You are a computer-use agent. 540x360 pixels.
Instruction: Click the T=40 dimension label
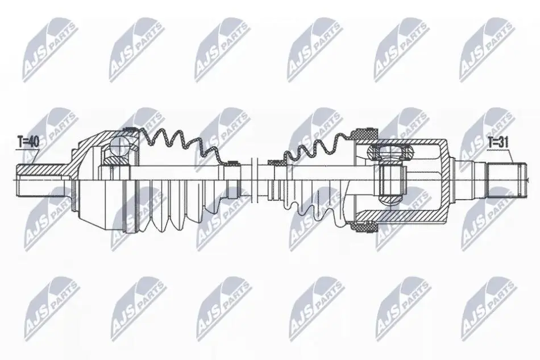tap(28, 142)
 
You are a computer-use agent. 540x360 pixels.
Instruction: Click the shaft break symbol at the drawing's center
tap(255, 180)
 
